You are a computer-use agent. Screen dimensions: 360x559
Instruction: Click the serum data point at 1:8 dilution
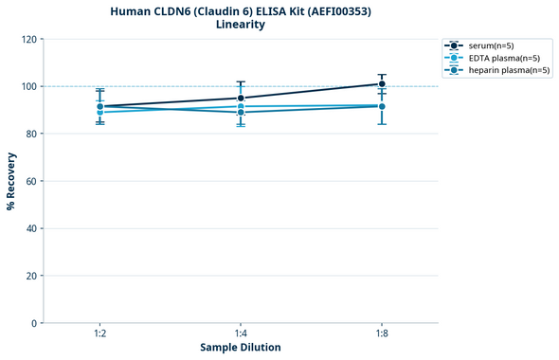[x=382, y=83]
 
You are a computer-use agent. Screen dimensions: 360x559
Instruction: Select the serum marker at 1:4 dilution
[x=241, y=98]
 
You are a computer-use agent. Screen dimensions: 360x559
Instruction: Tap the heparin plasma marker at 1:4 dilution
[x=241, y=112]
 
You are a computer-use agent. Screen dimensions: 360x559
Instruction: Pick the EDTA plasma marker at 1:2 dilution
[x=99, y=112]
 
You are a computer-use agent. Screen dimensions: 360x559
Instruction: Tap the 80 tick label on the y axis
[x=31, y=134]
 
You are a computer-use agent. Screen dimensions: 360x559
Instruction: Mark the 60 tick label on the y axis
[x=31, y=181]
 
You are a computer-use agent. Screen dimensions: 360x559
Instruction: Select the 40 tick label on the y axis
[x=31, y=228]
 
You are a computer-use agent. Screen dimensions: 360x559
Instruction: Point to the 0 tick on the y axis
[x=34, y=323]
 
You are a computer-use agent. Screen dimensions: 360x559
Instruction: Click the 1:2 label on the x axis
[x=99, y=334]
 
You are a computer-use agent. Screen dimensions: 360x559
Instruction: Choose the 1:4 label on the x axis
[x=241, y=334]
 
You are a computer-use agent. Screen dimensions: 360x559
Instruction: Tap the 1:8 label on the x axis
[x=382, y=334]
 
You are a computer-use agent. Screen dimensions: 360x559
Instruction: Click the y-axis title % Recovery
[x=11, y=181]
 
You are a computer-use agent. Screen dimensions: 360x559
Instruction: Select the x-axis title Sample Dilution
[x=241, y=348]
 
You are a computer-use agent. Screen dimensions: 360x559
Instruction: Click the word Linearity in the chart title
[x=241, y=25]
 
